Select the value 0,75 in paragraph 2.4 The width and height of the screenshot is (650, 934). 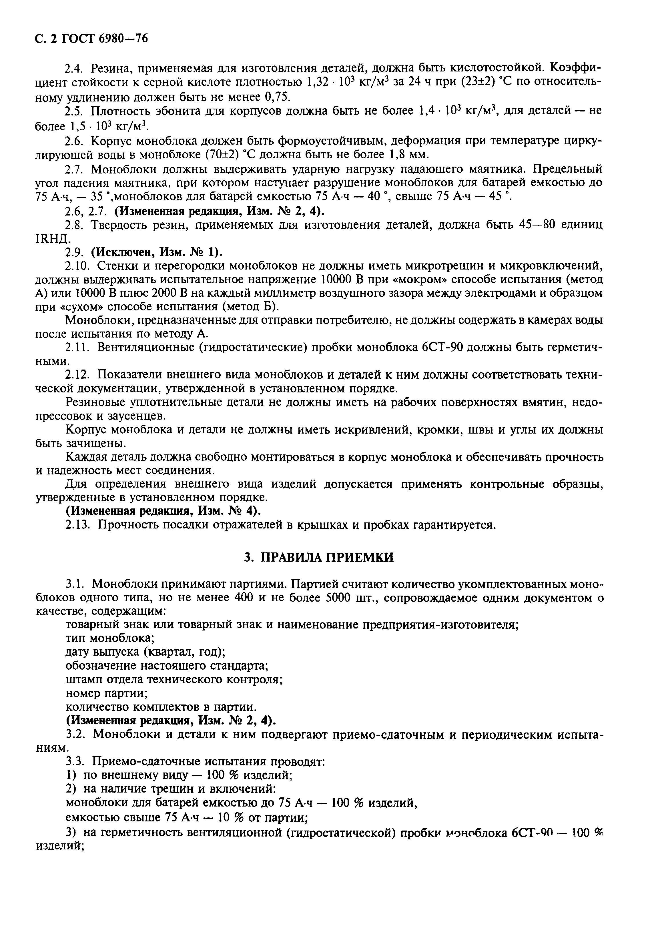click(283, 96)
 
